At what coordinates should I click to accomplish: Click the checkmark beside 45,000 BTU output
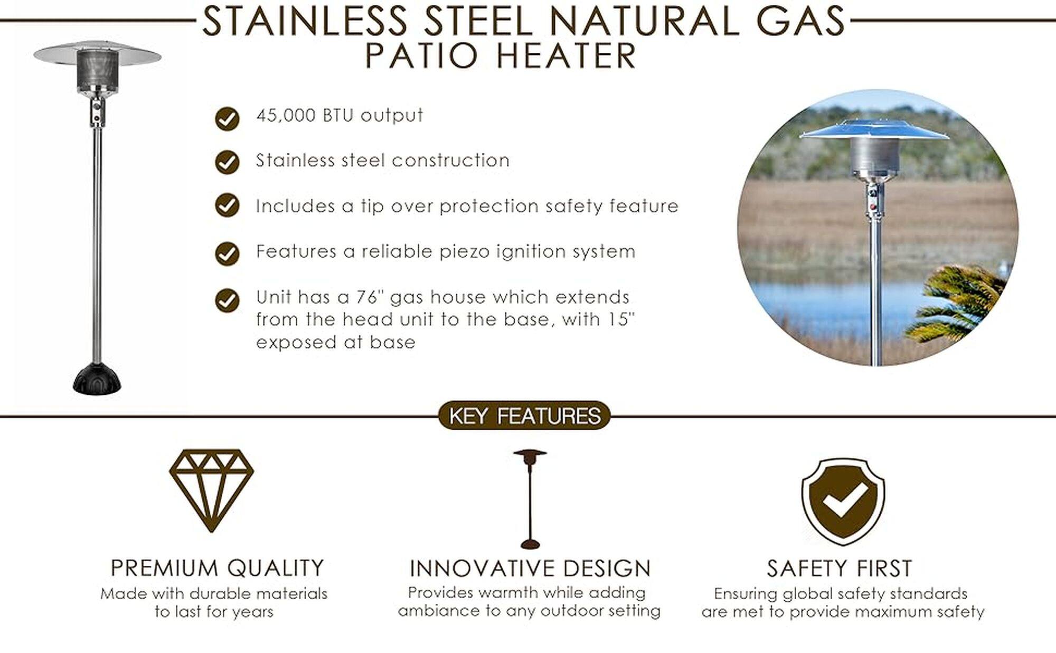point(227,119)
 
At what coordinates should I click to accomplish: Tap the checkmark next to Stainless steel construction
point(227,163)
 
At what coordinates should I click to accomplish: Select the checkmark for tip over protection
point(227,205)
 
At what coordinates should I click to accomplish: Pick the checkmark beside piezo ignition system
point(227,254)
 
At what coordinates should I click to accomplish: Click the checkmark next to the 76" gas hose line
point(227,300)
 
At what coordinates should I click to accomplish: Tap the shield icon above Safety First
point(843,501)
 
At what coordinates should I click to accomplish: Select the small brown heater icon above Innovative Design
point(530,499)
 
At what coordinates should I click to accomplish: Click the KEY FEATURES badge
point(524,416)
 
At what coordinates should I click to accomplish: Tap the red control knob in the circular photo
point(872,207)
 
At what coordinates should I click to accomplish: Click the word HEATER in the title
point(567,56)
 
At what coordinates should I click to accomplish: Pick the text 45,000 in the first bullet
point(286,115)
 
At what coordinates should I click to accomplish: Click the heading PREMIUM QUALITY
point(217,568)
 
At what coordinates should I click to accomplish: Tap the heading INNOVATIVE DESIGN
point(530,569)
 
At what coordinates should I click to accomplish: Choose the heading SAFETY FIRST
point(840,569)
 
